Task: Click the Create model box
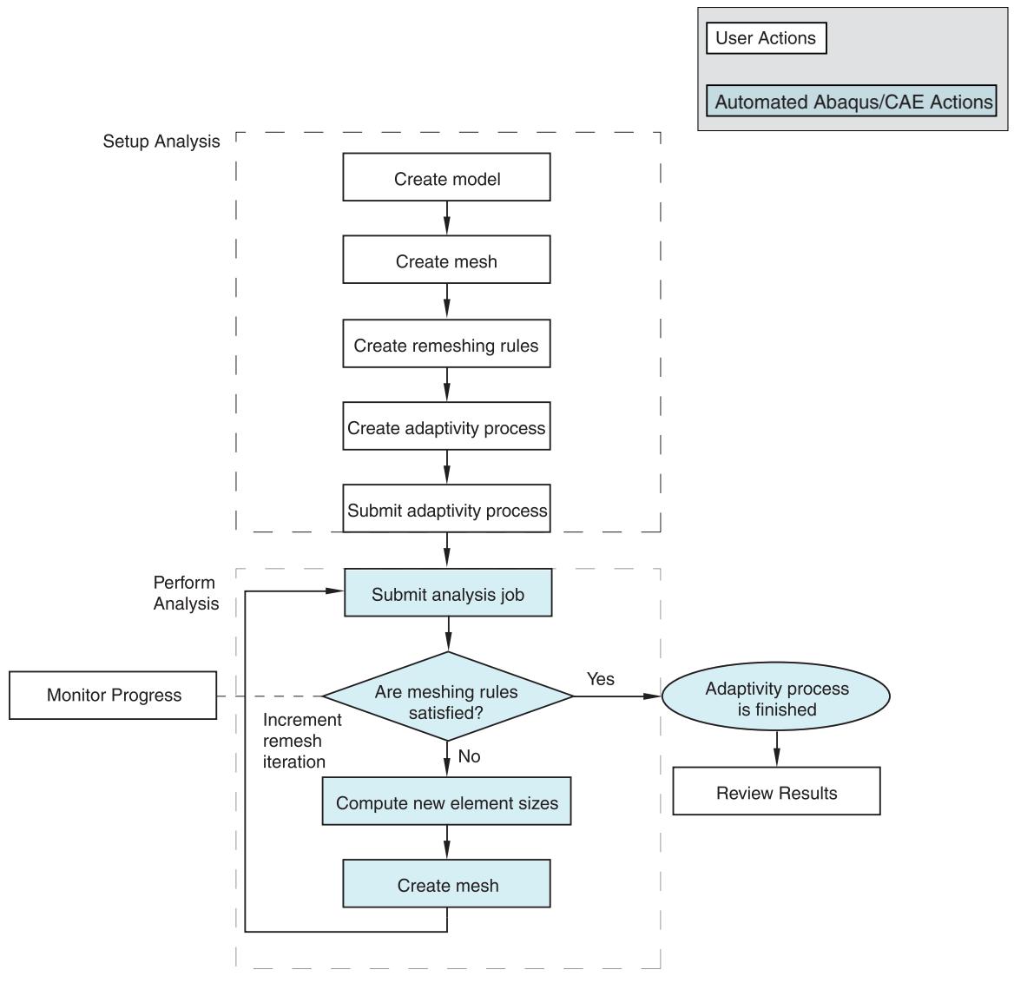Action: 446,177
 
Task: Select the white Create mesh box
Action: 446,260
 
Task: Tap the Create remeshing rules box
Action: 446,343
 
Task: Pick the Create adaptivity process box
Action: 446,426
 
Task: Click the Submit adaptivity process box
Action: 446,508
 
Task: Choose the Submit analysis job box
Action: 447,592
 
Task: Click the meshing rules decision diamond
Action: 447,696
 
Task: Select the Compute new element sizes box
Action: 446,801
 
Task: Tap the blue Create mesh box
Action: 446,883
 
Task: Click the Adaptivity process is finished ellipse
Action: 776,696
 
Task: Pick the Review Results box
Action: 776,791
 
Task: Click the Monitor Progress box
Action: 113,696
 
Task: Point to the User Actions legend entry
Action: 767,38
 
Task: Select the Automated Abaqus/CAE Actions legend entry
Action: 851,101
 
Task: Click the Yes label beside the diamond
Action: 600,678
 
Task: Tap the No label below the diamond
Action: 469,756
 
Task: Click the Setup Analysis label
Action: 161,141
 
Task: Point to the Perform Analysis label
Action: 186,592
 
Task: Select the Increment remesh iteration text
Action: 301,741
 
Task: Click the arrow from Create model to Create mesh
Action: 446,218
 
